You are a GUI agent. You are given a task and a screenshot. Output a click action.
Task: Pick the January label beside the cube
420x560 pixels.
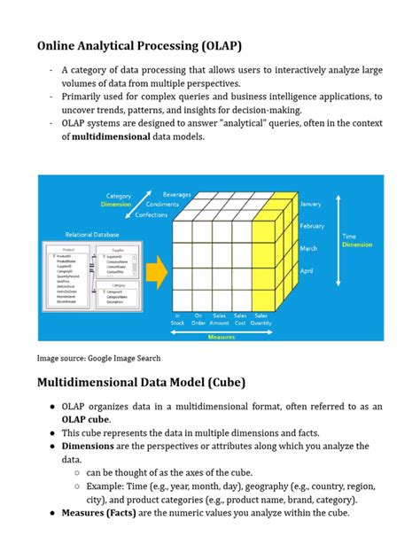click(x=310, y=204)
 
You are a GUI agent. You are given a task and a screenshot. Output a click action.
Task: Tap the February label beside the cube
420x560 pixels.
click(x=312, y=226)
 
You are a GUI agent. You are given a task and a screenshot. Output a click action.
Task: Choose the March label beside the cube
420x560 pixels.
click(x=307, y=248)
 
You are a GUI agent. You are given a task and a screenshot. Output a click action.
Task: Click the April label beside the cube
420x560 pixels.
click(x=306, y=270)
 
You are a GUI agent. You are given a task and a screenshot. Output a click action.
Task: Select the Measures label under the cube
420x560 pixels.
click(x=222, y=337)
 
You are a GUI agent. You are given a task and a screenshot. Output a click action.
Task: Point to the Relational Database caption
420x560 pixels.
click(x=90, y=235)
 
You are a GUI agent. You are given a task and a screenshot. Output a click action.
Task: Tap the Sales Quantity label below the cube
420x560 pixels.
click(x=261, y=319)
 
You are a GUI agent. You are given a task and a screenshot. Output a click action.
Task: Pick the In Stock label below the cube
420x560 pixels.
click(x=178, y=319)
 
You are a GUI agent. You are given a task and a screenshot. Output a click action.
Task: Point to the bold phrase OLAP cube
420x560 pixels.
click(x=85, y=419)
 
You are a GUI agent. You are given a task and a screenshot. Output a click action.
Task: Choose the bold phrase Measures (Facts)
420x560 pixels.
click(x=104, y=513)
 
